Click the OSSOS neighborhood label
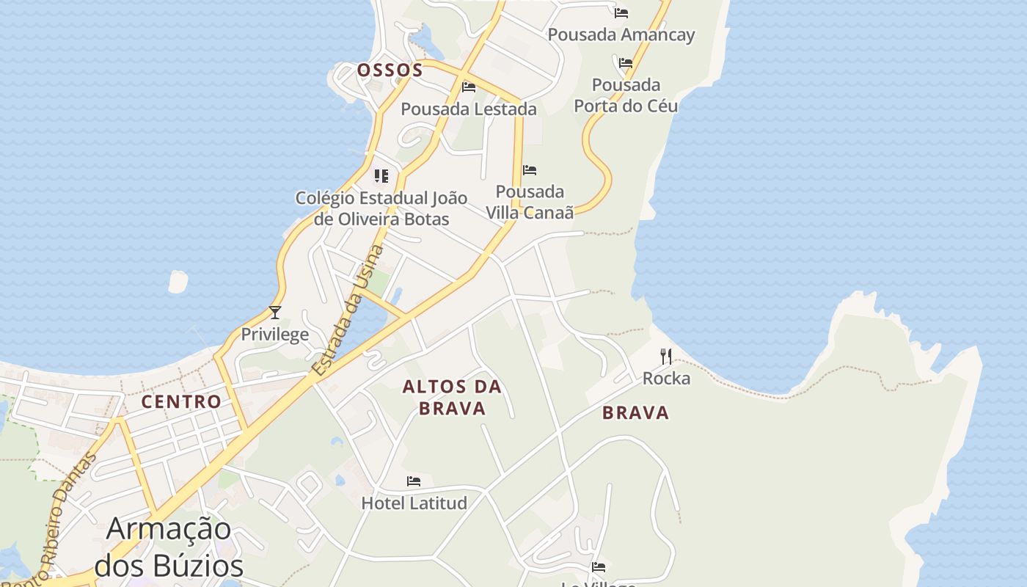390,70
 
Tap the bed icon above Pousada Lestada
469,87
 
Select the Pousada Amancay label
621,34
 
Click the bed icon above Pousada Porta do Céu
625,63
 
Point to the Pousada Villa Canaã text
530,202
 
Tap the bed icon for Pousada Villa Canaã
530,170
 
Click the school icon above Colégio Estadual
381,176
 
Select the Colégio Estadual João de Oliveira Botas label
381,208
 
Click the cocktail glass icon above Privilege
275,313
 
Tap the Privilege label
275,335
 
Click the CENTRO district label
181,401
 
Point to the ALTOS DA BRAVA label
452,397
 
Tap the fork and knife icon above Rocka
666,357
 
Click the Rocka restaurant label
666,379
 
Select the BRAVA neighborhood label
635,413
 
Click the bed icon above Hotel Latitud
414,481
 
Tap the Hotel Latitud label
414,503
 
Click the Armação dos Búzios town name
169,547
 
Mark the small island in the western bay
178,282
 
